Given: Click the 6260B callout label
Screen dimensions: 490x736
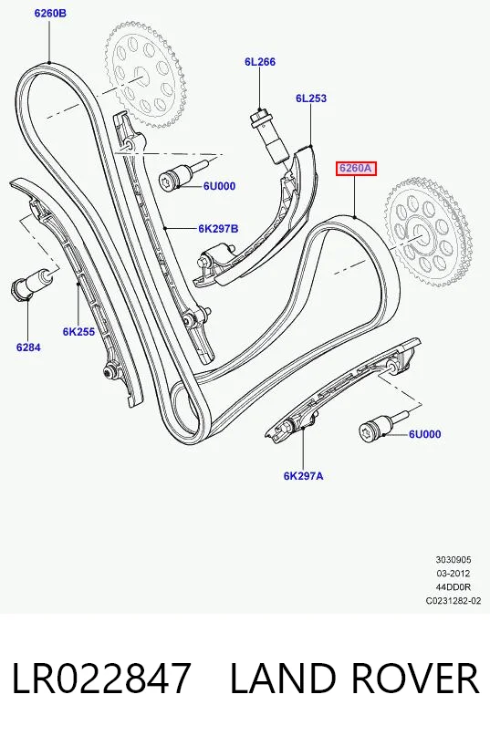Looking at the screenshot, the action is click(50, 13).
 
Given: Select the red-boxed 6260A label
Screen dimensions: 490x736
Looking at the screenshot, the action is click(356, 168).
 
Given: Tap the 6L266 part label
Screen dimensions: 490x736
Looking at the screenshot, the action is click(260, 61).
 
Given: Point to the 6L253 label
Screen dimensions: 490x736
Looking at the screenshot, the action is click(311, 98).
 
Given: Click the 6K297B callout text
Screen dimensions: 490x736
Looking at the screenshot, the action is click(218, 229).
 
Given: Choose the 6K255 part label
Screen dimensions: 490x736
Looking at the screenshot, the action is click(78, 332).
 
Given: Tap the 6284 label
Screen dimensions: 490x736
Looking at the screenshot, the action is click(28, 347).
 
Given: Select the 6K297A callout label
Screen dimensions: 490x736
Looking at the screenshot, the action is click(304, 476).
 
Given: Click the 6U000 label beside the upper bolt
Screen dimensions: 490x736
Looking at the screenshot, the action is click(219, 186).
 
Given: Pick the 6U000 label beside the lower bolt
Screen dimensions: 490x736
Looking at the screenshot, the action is click(424, 434).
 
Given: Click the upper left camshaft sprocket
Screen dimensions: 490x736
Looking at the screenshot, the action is click(145, 74).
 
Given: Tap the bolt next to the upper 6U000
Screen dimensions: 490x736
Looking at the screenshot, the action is click(183, 174).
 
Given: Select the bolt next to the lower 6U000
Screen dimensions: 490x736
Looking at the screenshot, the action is click(383, 424).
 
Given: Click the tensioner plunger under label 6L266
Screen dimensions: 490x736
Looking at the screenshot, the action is click(271, 135).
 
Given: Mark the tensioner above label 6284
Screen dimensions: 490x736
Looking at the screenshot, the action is click(31, 284).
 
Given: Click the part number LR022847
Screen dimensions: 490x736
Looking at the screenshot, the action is click(101, 678).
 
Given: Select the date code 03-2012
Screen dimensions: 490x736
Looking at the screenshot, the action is click(453, 573).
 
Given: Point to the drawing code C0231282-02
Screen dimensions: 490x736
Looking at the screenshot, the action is click(454, 600).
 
